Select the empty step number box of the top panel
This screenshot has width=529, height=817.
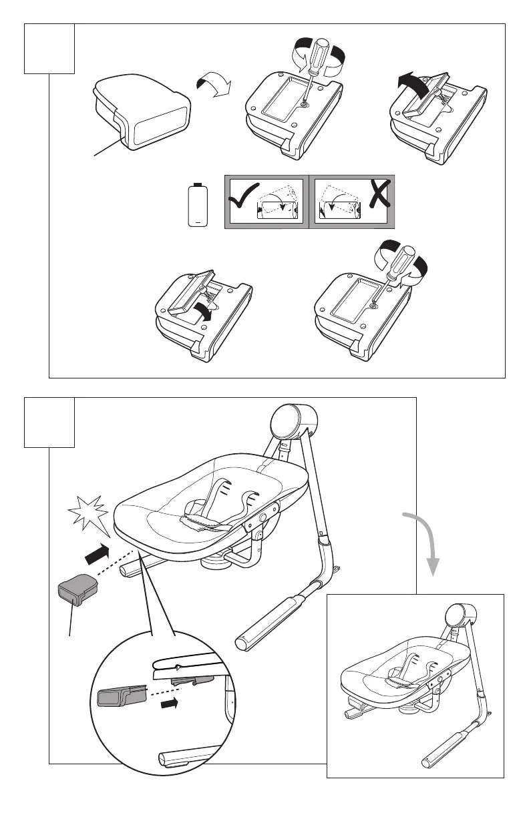pyautogui.click(x=49, y=49)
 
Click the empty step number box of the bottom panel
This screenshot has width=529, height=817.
pyautogui.click(x=49, y=423)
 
